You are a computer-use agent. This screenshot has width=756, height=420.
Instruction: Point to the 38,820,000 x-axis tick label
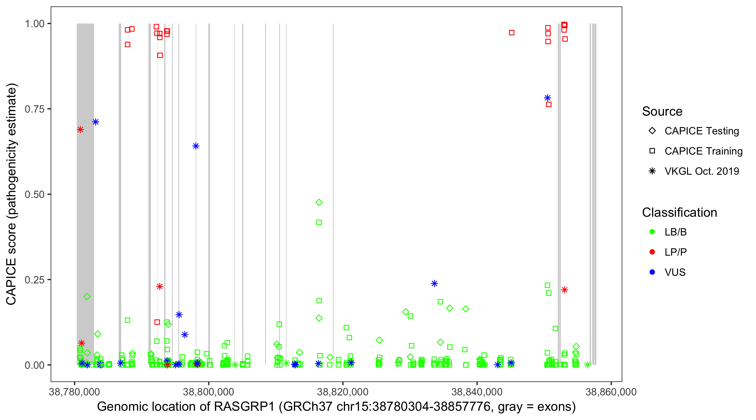pyautogui.click(x=342, y=392)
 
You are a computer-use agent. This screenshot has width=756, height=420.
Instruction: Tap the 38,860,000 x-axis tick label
pyautogui.click(x=611, y=392)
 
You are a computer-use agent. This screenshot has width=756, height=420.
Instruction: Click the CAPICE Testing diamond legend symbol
pyautogui.click(x=652, y=131)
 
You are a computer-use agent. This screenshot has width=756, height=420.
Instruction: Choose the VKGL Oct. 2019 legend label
pyautogui.click(x=702, y=171)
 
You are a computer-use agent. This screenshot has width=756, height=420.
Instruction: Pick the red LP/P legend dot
pyautogui.click(x=652, y=252)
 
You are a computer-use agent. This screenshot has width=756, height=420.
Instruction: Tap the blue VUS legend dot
pyautogui.click(x=652, y=272)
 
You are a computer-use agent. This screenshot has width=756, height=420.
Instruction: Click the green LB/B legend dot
pyautogui.click(x=652, y=232)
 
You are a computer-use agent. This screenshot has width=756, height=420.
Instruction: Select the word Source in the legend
pyautogui.click(x=662, y=111)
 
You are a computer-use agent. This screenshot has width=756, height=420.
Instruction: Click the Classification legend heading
pyautogui.click(x=679, y=213)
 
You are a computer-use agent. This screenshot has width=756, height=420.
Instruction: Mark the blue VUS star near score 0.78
pyautogui.click(x=547, y=98)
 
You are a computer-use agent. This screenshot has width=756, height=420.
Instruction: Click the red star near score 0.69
pyautogui.click(x=80, y=129)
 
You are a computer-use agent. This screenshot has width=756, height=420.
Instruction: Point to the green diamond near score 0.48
pyautogui.click(x=319, y=202)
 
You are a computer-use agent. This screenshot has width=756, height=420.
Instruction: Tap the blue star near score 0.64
pyautogui.click(x=196, y=146)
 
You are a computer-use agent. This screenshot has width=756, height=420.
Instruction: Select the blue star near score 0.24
pyautogui.click(x=434, y=283)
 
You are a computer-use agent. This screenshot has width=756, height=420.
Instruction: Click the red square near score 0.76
pyautogui.click(x=549, y=104)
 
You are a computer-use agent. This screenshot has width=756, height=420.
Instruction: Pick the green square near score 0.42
pyautogui.click(x=319, y=223)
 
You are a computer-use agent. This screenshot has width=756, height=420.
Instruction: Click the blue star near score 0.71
pyautogui.click(x=96, y=122)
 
